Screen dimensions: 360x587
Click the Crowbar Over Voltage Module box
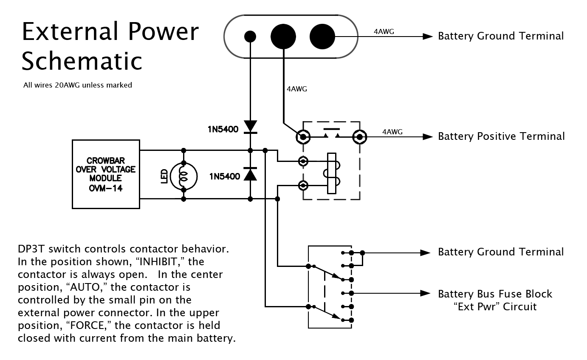pos(106,174)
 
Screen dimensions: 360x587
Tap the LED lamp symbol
pos(183,175)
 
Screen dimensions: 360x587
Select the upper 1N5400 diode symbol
pos(250,127)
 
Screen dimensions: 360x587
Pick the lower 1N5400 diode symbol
pos(250,174)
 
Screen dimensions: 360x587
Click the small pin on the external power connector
pos(250,37)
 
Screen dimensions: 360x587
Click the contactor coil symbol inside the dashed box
pos(332,173)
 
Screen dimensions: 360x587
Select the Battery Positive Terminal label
pos(501,136)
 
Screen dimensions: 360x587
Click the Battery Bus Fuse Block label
pos(495,294)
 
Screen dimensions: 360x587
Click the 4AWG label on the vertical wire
pos(297,89)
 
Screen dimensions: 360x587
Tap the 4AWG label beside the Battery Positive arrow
pos(392,132)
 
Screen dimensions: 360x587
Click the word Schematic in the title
pos(82,60)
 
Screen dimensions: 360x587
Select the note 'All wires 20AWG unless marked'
pos(78,85)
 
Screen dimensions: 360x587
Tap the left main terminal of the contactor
pos(303,136)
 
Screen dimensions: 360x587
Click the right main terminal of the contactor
pos(359,136)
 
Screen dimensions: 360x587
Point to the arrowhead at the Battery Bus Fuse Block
pos(426,293)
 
